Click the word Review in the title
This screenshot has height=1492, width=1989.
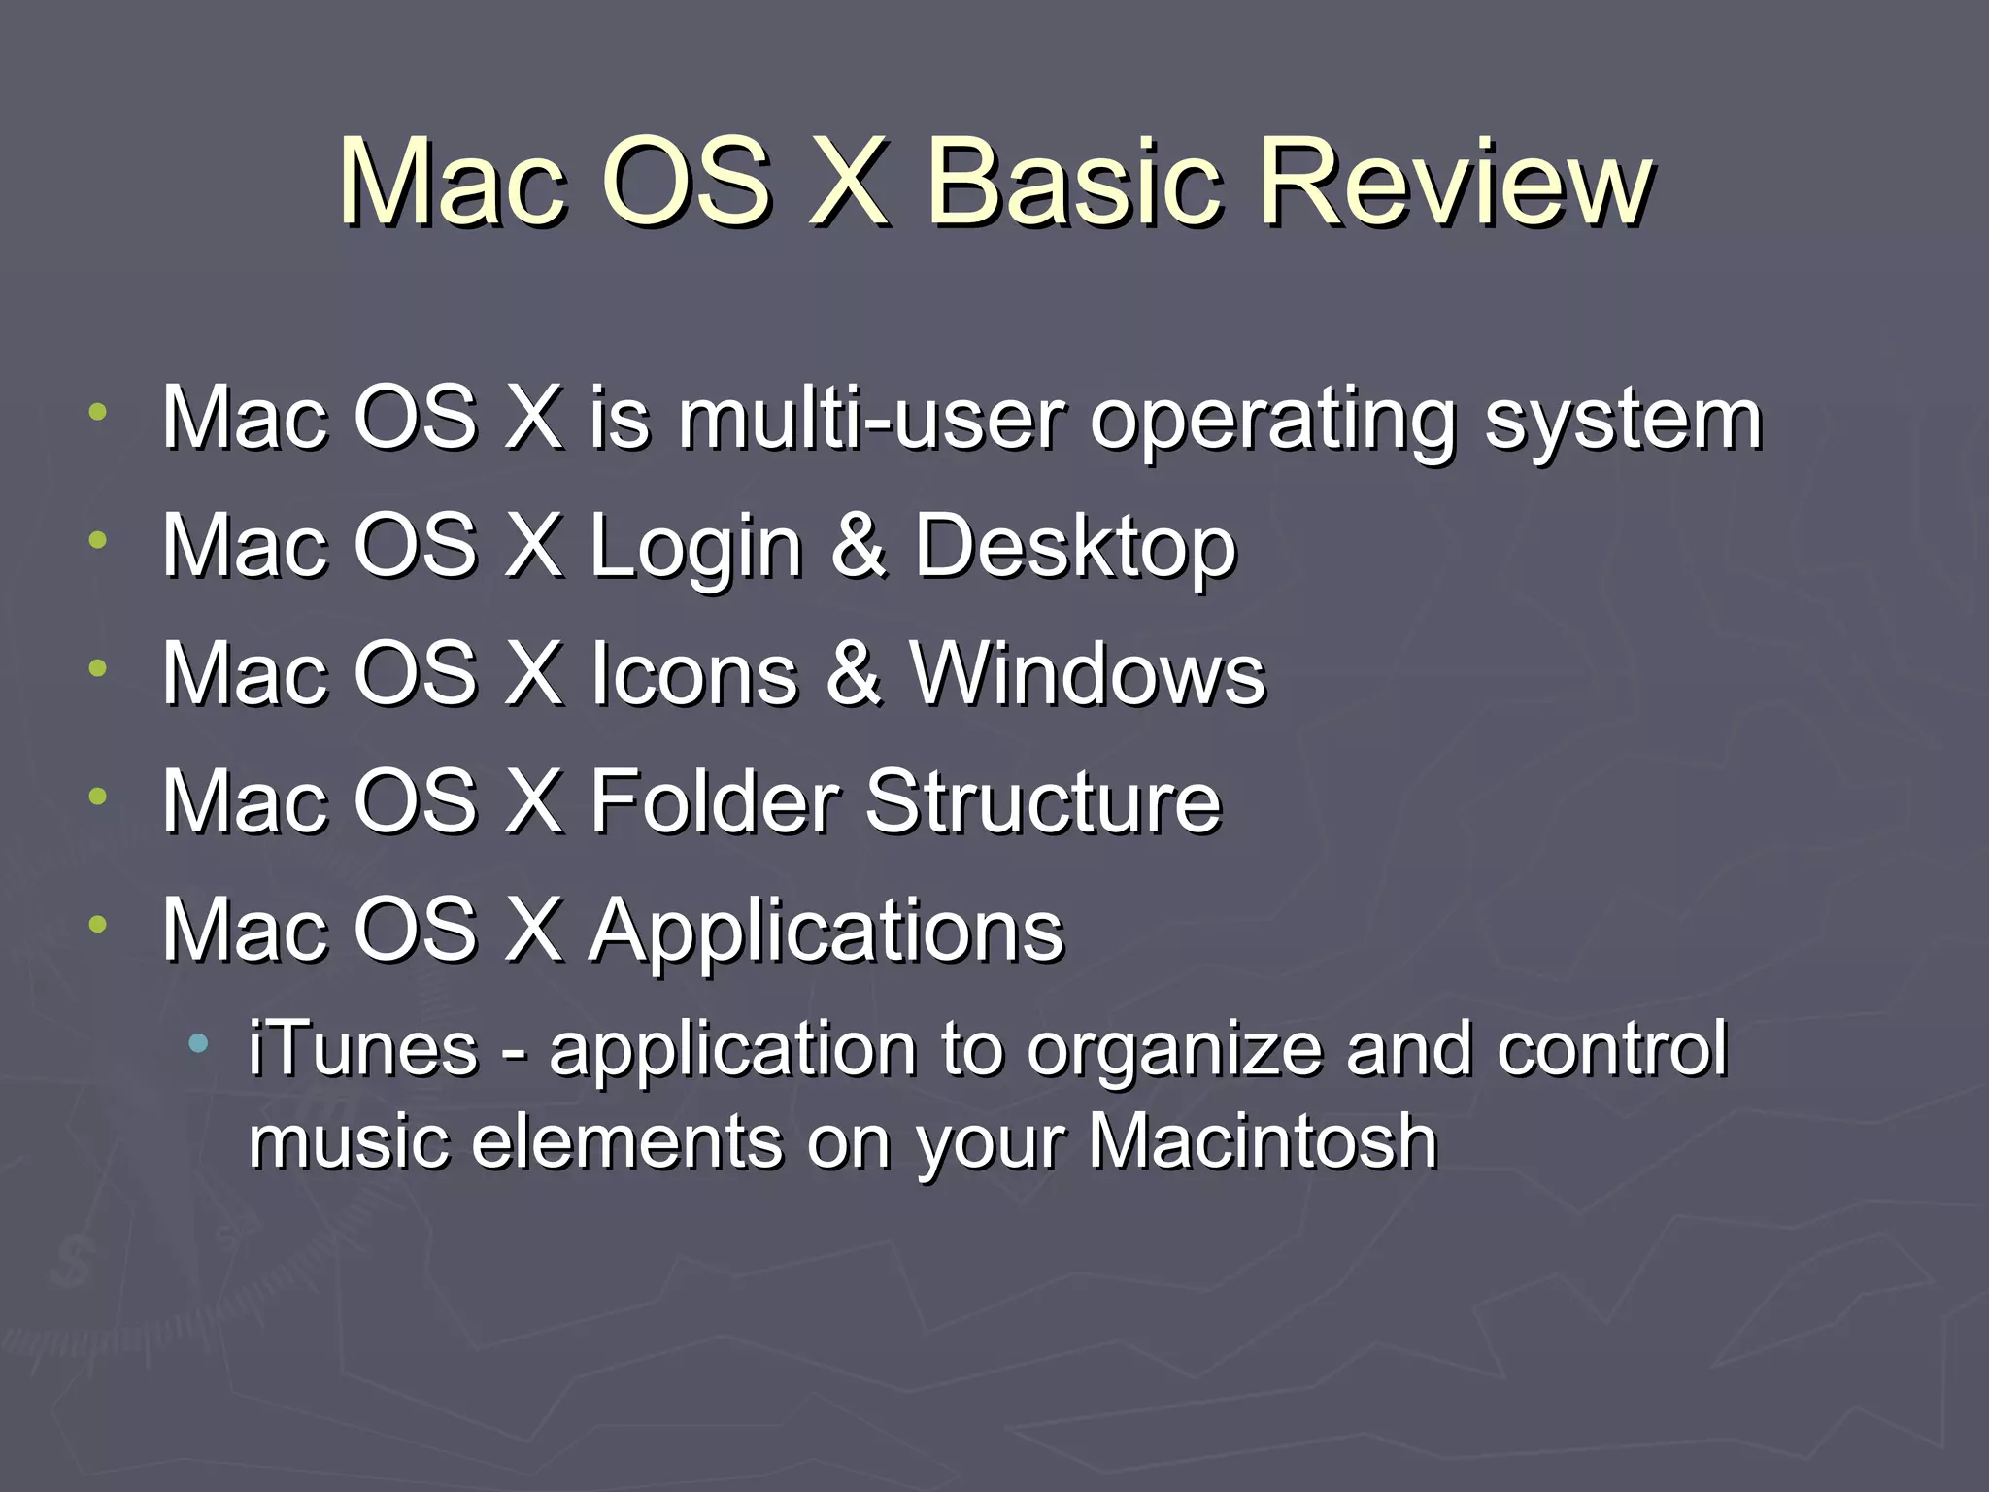(1455, 183)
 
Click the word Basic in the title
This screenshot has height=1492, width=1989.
(1072, 183)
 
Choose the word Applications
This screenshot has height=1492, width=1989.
(826, 932)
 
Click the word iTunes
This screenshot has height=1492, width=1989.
(363, 1049)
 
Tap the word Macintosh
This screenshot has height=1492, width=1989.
(1262, 1141)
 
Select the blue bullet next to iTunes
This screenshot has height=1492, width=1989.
(199, 1045)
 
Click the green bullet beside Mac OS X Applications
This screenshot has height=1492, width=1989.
(97, 924)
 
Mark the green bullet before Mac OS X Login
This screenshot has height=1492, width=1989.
(97, 540)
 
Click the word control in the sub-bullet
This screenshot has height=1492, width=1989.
(1612, 1049)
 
